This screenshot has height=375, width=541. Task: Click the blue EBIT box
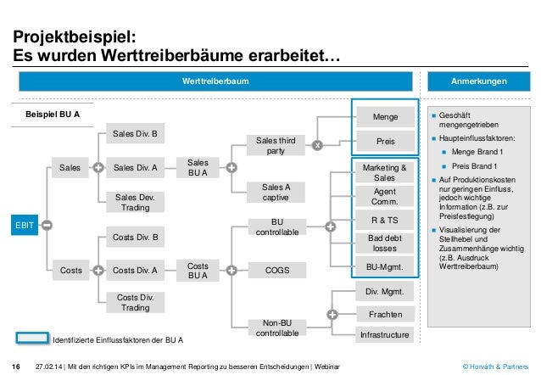click(21, 225)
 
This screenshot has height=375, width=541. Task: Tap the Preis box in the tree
click(384, 142)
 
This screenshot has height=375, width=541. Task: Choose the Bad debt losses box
click(384, 244)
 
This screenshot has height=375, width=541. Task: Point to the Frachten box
click(384, 313)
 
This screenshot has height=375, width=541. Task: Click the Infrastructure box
click(384, 336)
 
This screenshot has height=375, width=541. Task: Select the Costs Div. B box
click(136, 238)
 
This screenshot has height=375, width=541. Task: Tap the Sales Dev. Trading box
click(136, 202)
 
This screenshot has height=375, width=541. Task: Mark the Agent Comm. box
click(384, 197)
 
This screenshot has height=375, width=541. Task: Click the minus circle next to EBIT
click(47, 225)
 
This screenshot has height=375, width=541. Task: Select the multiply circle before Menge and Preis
click(317, 145)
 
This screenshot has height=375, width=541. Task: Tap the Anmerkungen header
click(480, 81)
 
